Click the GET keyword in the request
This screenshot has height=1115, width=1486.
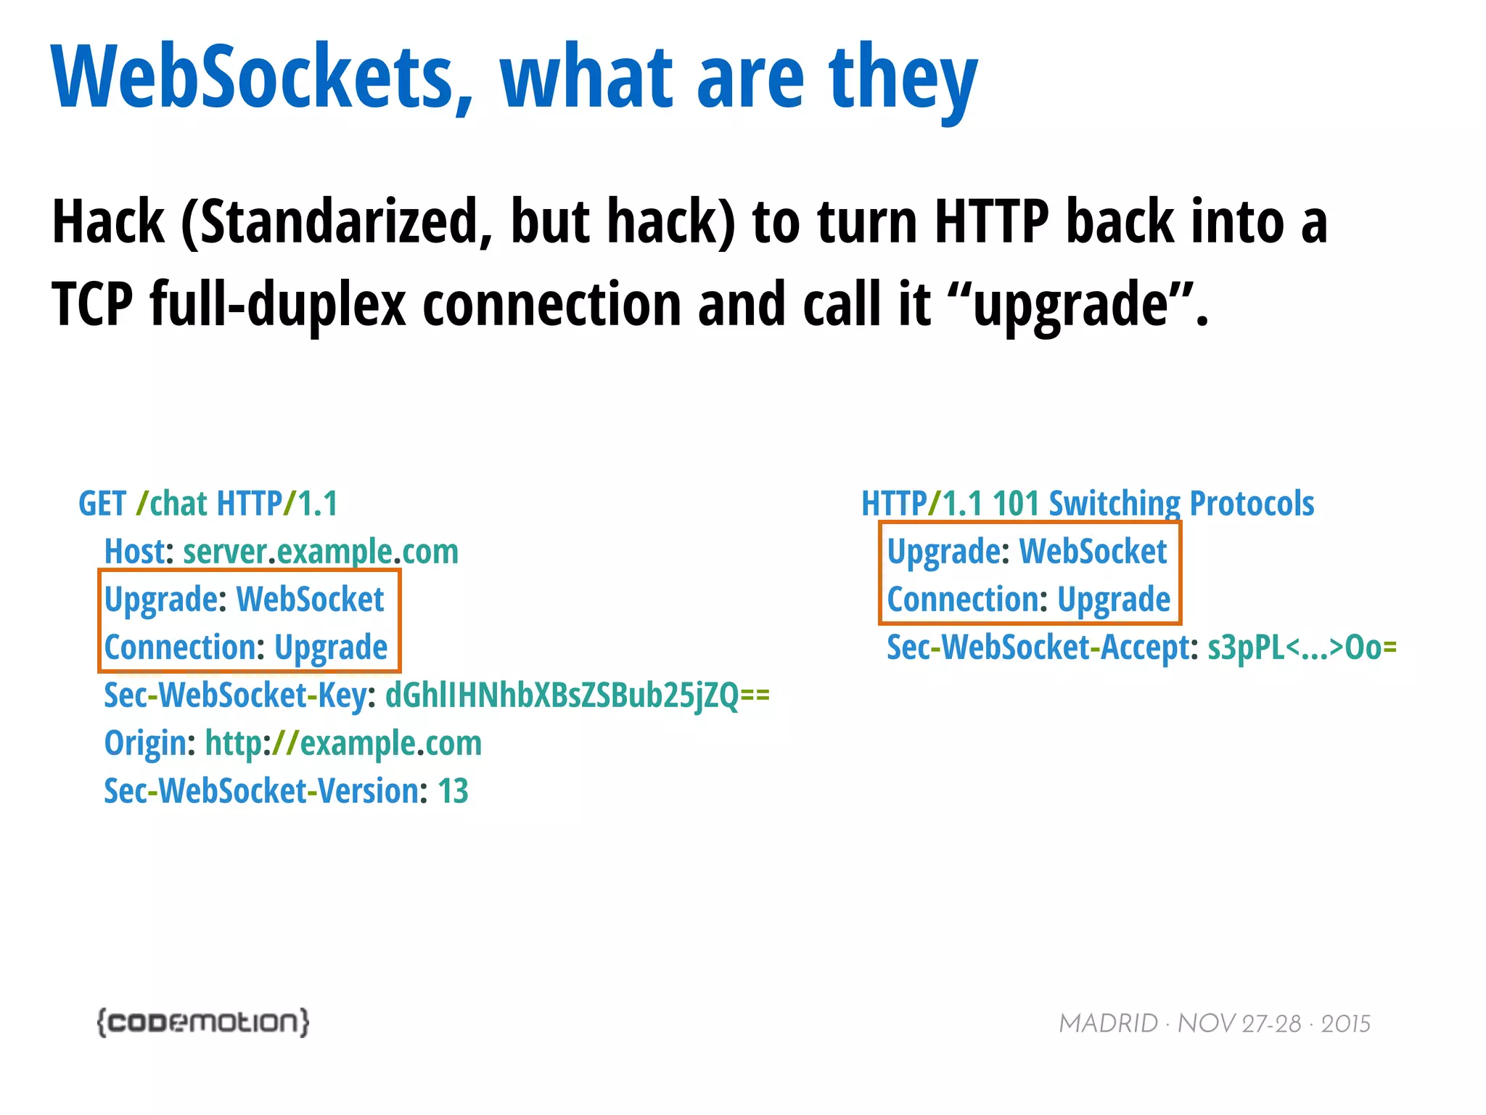[x=102, y=504]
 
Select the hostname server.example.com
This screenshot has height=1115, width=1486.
[x=320, y=552]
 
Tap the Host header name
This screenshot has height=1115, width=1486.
[x=134, y=552]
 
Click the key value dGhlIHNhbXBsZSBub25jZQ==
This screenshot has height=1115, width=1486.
[x=576, y=695]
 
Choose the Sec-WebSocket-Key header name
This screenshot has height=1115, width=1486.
[x=235, y=695]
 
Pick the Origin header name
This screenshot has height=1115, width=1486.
[x=145, y=743]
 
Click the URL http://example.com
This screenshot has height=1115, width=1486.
[x=343, y=743]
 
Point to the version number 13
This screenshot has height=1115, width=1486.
[x=453, y=791]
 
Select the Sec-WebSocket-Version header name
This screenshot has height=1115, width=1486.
[x=261, y=791]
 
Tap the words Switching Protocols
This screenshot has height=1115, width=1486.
[x=1181, y=504]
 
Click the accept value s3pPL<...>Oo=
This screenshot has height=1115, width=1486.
[x=1302, y=648]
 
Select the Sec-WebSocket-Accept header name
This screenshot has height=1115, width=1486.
[x=1038, y=648]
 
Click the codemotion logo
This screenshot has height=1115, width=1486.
[x=203, y=1022]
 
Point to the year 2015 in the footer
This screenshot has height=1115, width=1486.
[x=1345, y=1024]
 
